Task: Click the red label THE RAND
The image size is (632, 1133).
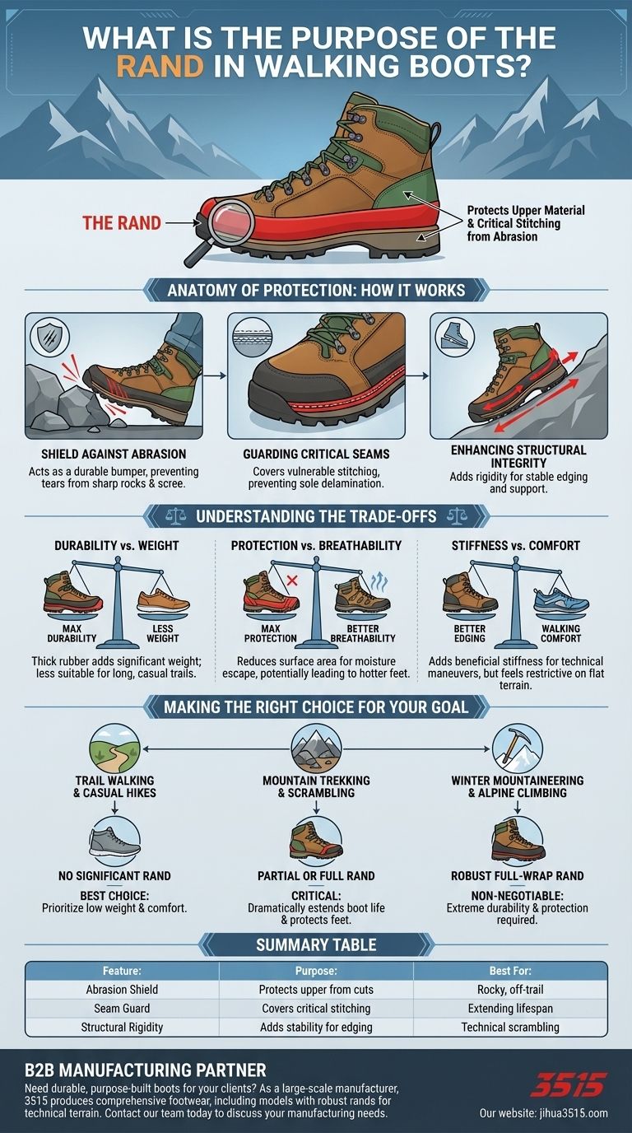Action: pos(121,222)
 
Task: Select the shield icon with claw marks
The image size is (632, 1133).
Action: pos(49,335)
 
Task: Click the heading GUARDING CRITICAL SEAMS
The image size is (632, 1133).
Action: pos(316,454)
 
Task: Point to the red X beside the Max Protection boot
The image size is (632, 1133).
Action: pos(292,580)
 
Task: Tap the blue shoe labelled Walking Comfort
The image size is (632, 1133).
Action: pos(561,601)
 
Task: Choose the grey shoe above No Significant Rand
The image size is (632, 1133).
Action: pos(114,842)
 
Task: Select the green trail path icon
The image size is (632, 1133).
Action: pos(114,748)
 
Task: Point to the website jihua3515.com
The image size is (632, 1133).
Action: pos(543,1112)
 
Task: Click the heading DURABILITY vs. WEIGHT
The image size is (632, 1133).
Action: pos(116,546)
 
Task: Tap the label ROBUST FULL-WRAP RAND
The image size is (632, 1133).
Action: pos(518,875)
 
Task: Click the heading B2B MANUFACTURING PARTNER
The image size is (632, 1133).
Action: pos(145,1070)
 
